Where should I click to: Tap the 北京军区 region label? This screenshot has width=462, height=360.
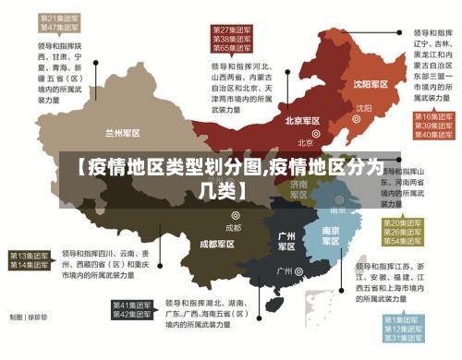coord(302,121)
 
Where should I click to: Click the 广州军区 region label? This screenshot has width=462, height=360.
coord(286,242)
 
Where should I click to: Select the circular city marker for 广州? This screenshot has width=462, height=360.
coord(300,271)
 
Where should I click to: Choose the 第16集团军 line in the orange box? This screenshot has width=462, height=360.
coord(432,117)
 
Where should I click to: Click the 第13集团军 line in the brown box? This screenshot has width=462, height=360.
coord(30,256)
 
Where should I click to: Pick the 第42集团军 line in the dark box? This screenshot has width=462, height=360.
coord(132,316)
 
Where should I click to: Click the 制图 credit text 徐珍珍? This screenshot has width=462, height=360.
coord(37,318)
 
